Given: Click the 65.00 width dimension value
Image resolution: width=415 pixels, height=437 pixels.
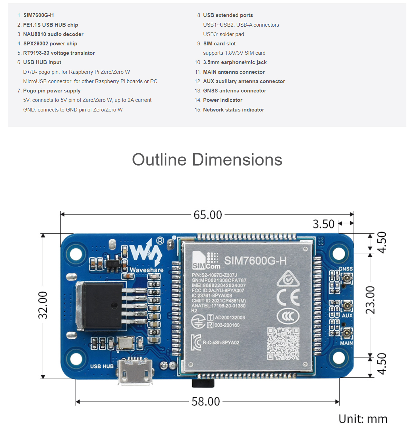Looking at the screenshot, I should tap(207, 215).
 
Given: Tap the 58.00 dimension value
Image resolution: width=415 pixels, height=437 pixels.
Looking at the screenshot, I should tap(206, 402).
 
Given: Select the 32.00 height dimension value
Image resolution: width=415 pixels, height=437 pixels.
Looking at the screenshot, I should tap(43, 305).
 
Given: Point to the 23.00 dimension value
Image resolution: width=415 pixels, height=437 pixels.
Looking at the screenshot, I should tap(370, 300).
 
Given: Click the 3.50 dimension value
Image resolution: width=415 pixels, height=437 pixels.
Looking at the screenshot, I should tap(323, 224).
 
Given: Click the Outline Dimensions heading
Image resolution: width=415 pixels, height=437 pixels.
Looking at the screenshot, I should tap(207, 160).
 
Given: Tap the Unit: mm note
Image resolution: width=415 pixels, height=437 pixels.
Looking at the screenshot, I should tap(363, 419).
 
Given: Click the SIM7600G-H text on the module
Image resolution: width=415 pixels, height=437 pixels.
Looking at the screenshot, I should tap(255, 261).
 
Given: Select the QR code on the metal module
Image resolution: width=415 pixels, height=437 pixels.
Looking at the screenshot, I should tap(283, 344).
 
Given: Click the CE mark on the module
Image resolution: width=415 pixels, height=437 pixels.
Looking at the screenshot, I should tap(288, 297).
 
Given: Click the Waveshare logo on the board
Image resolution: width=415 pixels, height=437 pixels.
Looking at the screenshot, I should tap(146, 256).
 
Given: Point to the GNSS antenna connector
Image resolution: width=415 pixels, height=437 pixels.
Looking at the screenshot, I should tap(347, 278).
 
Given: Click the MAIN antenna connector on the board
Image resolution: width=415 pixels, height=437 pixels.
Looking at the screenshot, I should tap(347, 333).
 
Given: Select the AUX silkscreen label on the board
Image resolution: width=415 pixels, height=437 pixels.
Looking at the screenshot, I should tap(347, 315).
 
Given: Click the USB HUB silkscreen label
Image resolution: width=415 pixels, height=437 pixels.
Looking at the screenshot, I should tap(102, 366).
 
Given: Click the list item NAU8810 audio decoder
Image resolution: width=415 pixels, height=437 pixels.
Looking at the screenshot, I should tap(53, 34).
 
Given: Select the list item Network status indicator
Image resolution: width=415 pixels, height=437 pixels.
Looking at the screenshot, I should tap(233, 110).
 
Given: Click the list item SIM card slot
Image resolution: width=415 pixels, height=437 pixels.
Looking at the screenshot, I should tap(219, 44).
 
